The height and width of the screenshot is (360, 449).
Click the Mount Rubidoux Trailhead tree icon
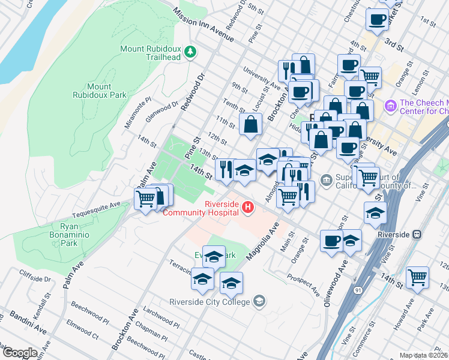point(191,52)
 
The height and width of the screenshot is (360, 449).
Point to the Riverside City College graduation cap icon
point(259,301)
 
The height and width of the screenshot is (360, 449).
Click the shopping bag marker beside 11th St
point(250,125)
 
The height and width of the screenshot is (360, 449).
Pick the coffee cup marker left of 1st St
point(377,19)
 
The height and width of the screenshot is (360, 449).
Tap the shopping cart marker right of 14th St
point(417,277)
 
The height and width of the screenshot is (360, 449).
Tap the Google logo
point(20,353)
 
